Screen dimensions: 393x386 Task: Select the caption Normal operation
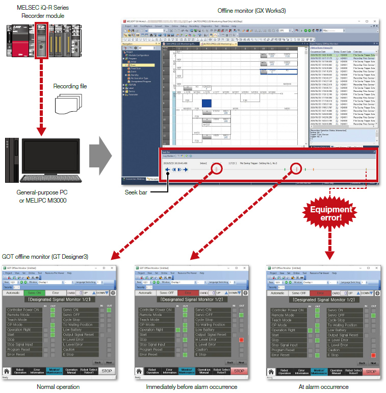58,387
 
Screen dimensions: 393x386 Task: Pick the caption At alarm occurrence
323,387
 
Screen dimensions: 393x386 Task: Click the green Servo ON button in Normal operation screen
35,292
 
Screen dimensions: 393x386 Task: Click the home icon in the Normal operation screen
7,371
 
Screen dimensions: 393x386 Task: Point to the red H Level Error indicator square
241,339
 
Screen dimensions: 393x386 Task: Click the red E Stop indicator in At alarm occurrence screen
373,355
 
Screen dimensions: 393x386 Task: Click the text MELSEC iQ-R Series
38,8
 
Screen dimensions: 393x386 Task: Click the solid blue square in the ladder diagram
207,104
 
